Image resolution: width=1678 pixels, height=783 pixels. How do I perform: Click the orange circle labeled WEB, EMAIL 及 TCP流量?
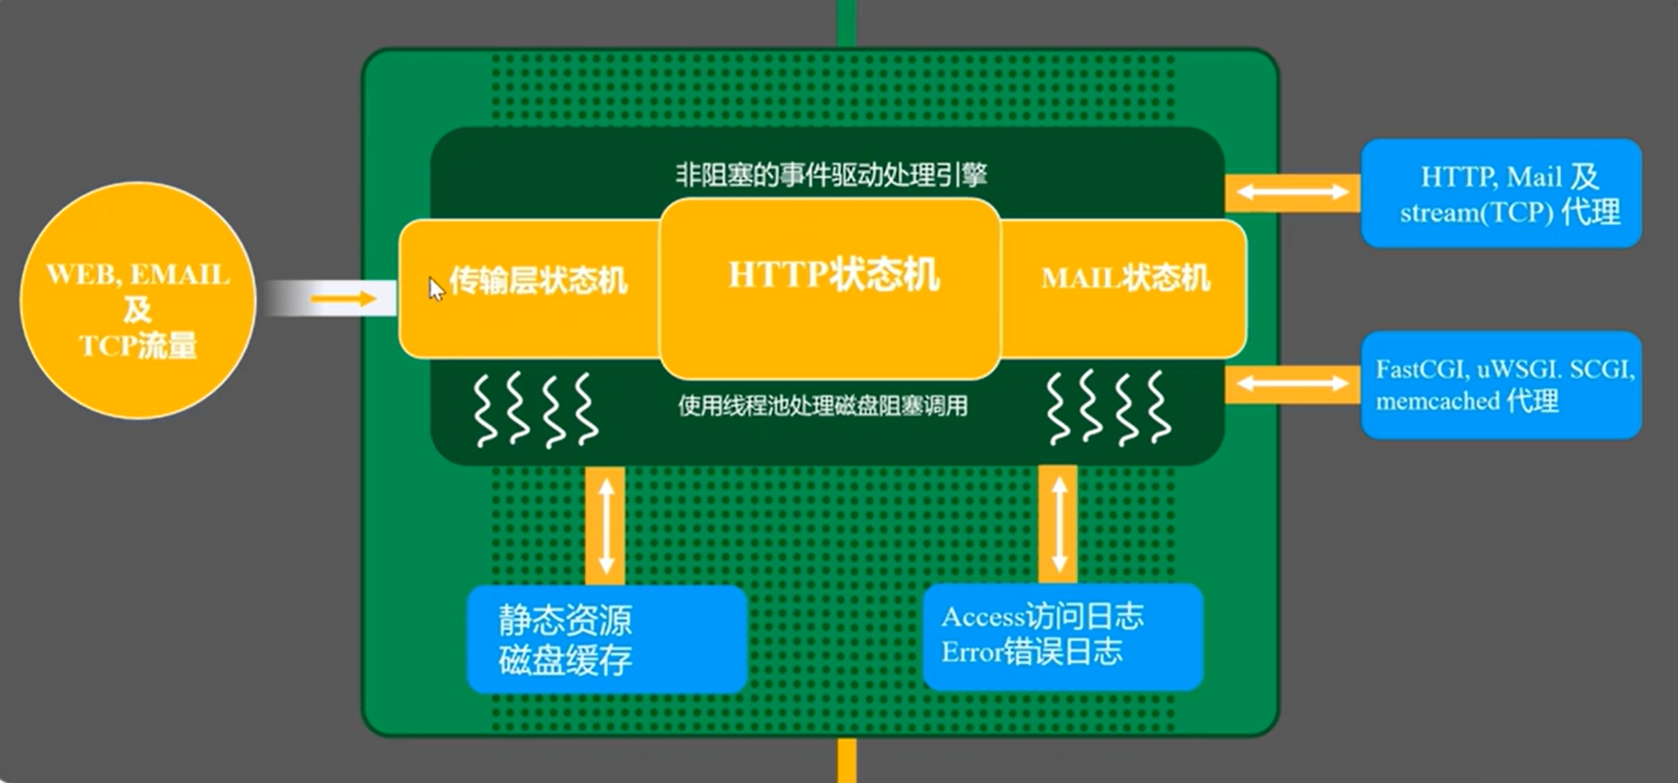138,300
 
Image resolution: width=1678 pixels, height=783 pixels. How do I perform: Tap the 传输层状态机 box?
529,288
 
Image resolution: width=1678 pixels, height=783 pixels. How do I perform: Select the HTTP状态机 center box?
830,288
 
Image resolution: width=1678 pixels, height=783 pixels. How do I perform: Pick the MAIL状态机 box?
1124,288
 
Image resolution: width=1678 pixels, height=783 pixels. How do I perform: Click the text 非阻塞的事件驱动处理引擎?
831,174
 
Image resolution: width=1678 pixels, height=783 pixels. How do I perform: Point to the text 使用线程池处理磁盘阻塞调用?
823,405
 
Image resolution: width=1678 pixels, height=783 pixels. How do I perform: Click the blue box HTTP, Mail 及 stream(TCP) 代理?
1501,193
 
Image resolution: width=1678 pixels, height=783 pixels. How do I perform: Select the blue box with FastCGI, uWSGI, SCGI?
1501,385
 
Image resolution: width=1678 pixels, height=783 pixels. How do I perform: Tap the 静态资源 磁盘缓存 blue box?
607,639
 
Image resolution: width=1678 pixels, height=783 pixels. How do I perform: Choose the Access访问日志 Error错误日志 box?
1063,637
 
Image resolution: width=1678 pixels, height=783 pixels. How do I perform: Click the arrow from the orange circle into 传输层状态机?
343,300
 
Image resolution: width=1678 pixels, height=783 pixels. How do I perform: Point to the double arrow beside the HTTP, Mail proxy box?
1292,192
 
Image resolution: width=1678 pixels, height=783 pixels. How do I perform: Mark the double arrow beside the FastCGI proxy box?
1292,382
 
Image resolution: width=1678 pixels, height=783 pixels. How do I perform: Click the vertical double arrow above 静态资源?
606,525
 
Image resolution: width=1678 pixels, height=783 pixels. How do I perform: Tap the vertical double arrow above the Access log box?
1059,524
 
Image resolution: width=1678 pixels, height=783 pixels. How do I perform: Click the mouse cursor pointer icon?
435,288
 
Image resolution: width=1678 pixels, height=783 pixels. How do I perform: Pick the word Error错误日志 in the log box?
1032,651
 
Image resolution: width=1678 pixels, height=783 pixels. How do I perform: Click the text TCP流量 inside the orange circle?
139,345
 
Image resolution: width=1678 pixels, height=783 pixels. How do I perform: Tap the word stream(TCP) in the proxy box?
1477,212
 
